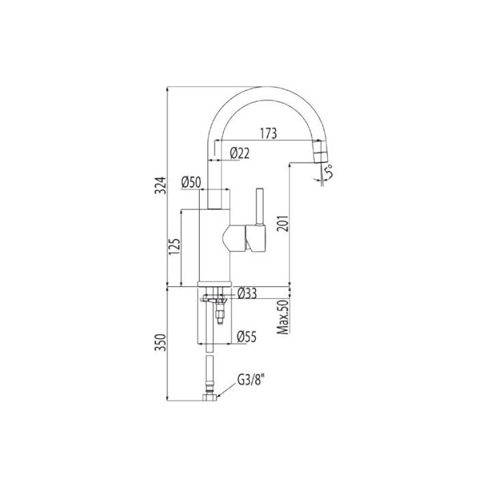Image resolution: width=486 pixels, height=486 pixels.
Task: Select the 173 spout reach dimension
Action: (x=269, y=134)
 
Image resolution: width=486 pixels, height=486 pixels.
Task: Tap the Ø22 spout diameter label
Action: (x=240, y=153)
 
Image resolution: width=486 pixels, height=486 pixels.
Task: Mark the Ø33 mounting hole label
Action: (x=248, y=293)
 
